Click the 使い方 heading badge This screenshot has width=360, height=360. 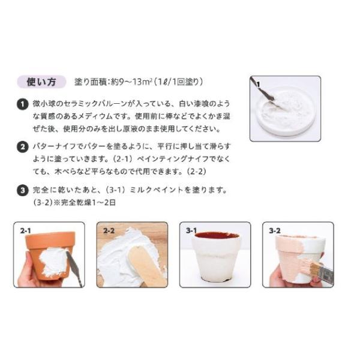pos(41,82)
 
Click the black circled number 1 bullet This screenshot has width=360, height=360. pos(23,104)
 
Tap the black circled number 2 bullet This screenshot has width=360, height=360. pos(23,147)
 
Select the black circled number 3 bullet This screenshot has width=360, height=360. pos(23,190)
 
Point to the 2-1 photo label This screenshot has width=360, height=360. pos(25,230)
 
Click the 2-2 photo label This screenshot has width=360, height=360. pos(109,230)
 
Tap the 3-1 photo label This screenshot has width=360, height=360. pos(191,230)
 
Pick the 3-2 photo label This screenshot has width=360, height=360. pos(275,230)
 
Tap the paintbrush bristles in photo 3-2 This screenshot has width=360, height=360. pos(311,267)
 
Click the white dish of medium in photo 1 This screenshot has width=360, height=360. pos(284,111)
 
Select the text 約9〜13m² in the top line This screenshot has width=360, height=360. pos(131,82)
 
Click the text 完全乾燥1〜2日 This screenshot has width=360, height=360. pos(88,203)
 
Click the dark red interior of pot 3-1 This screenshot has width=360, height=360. pos(216,236)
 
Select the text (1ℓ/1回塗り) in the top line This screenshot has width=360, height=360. pos(178,82)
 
